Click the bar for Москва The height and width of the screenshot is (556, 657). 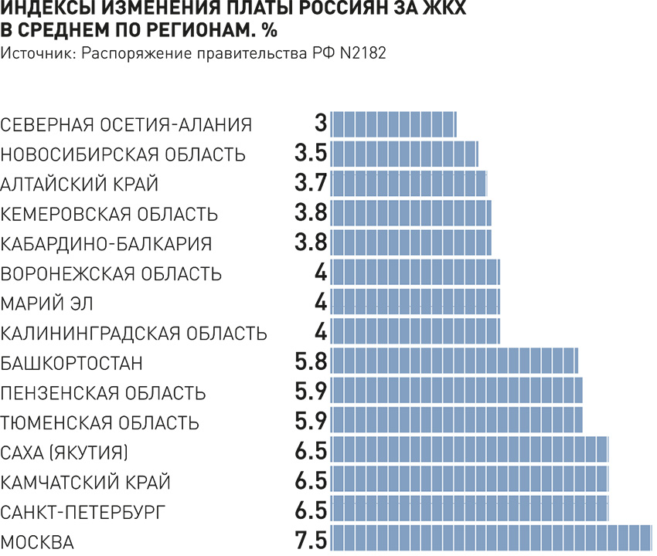(492, 538)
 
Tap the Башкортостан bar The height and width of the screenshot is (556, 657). (455, 361)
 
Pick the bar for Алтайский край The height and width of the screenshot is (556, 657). (409, 183)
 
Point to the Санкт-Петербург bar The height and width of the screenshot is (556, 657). (470, 510)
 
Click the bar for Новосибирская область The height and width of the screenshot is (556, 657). (405, 153)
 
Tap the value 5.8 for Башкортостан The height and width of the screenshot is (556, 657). (311, 361)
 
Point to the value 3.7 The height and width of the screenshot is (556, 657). (311, 183)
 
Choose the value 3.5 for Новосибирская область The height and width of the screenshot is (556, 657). (311, 153)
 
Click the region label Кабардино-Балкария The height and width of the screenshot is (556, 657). (107, 243)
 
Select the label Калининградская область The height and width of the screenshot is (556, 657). (134, 334)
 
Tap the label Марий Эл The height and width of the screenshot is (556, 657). (47, 303)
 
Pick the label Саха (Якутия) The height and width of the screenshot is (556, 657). (65, 451)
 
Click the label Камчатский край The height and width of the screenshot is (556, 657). (85, 483)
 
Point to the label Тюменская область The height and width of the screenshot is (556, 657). (100, 422)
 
